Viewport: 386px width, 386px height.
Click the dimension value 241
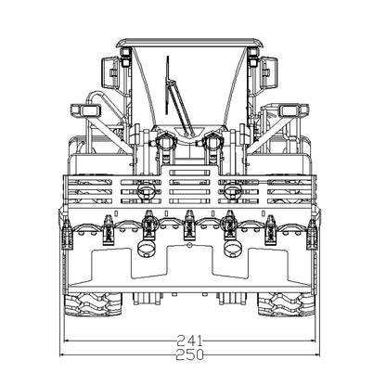click(189, 341)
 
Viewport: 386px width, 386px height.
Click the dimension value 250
click(189, 354)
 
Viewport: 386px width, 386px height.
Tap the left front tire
click(93, 304)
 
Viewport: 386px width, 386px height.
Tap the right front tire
click(286, 304)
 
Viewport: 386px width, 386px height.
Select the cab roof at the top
click(189, 43)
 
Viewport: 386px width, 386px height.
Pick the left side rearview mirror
click(110, 73)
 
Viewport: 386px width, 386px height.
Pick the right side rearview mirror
click(268, 73)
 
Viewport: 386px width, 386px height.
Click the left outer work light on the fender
click(85, 110)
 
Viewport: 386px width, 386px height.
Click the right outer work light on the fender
click(294, 110)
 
